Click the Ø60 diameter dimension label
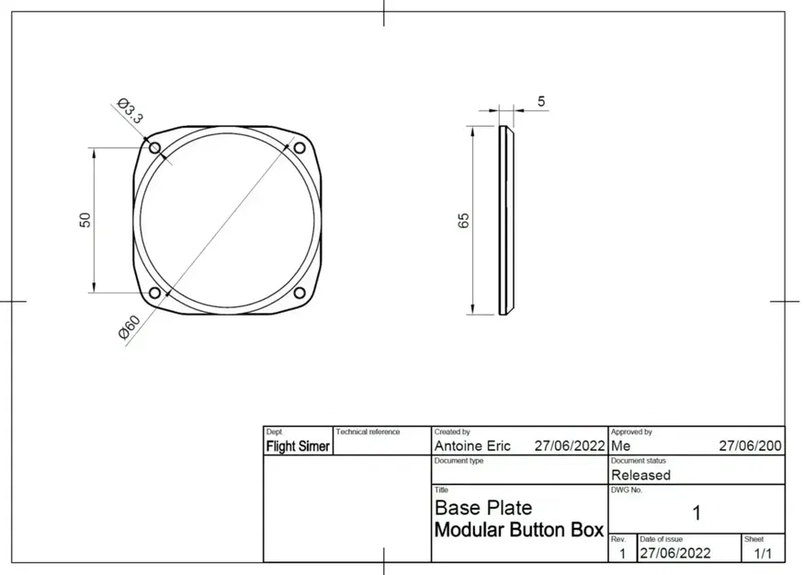[x=130, y=328]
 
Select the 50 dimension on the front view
[x=85, y=220]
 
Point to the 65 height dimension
[x=464, y=220]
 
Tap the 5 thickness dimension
[x=540, y=100]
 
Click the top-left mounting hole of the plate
[x=154, y=147]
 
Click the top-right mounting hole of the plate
[x=299, y=147]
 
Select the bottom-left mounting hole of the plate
[x=154, y=293]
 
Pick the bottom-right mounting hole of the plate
[x=299, y=293]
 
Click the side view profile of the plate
[x=504, y=220]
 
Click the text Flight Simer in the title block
[x=298, y=446]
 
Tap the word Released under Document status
[x=640, y=476]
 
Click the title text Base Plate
[x=482, y=508]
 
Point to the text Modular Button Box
[x=518, y=530]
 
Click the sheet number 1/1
[x=763, y=554]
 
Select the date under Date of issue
[x=674, y=554]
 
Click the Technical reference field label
[x=368, y=431]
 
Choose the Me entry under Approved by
[x=620, y=445]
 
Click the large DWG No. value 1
[x=696, y=512]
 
